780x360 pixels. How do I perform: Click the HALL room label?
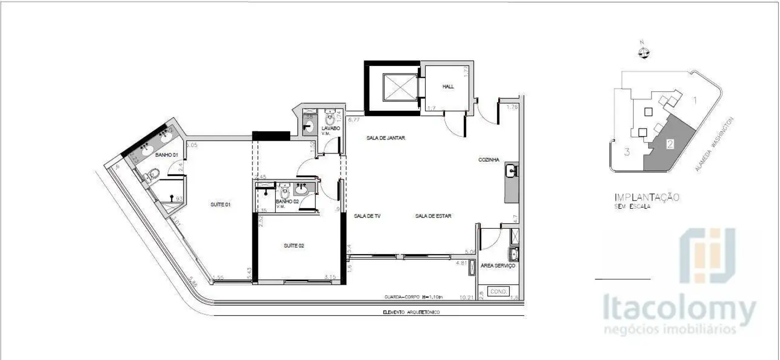click(448, 86)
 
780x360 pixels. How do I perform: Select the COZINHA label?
click(490, 160)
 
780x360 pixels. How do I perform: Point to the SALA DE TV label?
click(365, 216)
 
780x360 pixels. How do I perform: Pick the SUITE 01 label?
click(220, 204)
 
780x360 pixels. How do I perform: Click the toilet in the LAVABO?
click(331, 120)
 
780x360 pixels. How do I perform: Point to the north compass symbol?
click(643, 53)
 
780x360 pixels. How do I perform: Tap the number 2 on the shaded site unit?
click(670, 143)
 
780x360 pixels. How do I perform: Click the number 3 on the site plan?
click(627, 152)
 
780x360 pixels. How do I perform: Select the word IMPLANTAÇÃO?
click(647, 197)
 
